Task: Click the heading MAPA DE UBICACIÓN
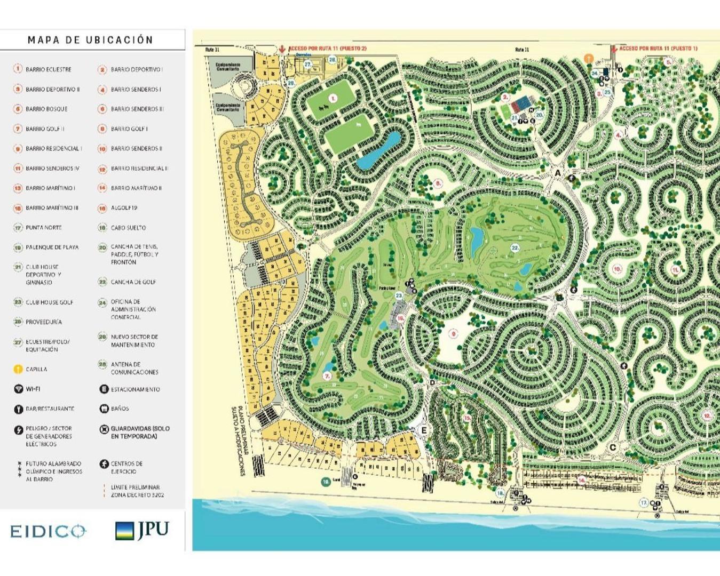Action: pos(90,40)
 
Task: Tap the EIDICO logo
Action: pos(48,531)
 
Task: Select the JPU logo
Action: pos(142,530)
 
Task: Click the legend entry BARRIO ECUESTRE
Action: pos(48,69)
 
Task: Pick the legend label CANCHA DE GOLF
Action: pos(133,282)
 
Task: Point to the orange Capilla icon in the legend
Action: pos(18,369)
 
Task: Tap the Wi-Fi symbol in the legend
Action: pos(18,389)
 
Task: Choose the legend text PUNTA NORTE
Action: pos(43,228)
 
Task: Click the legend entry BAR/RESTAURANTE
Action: pos(50,409)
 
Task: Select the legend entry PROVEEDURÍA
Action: pos(43,322)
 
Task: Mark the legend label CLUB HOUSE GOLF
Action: pos(49,302)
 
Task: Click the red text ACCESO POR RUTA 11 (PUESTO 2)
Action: pos(327,49)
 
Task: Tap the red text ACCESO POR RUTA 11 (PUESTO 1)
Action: pos(658,49)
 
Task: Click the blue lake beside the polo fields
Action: pos(378,151)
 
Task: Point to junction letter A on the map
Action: pos(558,173)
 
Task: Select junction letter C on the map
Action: pos(613,447)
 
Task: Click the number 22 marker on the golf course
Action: pos(515,248)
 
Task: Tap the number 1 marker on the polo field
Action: pos(333,98)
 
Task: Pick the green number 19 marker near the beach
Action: pos(326,482)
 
